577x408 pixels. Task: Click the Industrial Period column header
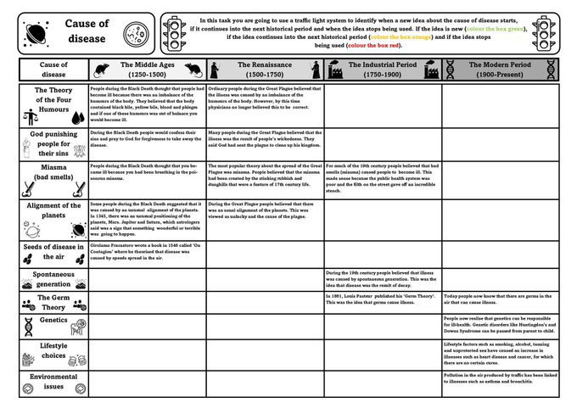click(x=382, y=69)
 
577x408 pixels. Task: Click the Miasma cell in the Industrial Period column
click(x=382, y=179)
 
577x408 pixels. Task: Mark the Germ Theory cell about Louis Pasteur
click(x=382, y=300)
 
